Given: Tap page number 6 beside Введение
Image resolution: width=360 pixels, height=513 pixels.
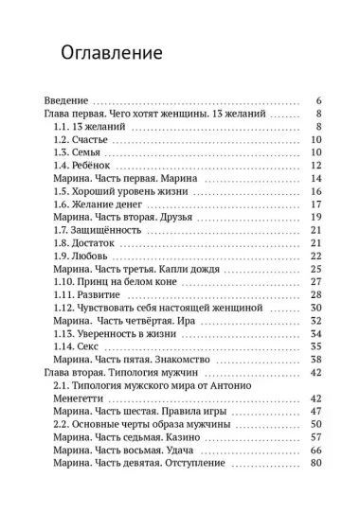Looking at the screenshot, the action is pos(319,100).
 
